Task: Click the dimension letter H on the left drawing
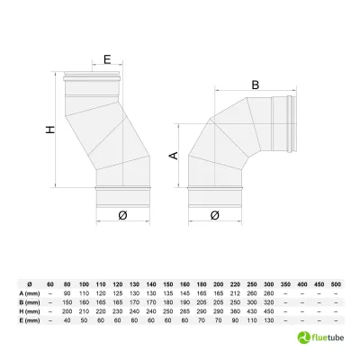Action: point(50,130)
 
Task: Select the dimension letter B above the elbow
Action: point(255,85)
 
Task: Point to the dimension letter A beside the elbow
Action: point(174,154)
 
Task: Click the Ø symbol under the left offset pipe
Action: point(121,214)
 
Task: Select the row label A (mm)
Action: point(27,293)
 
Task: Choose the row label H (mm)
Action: point(27,310)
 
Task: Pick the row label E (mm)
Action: point(27,319)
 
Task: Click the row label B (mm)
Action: point(27,302)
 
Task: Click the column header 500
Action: point(336,284)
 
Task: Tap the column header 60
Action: point(50,284)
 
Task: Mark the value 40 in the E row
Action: point(67,319)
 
